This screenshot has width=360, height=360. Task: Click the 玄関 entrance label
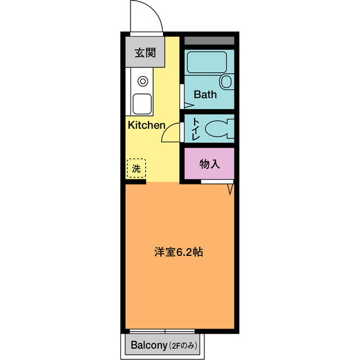tap(145, 53)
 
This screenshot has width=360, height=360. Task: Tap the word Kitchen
tap(146, 125)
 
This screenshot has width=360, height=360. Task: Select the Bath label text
tap(205, 94)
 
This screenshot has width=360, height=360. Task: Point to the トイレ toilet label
tap(195, 129)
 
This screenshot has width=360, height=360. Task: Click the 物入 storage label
tap(209, 164)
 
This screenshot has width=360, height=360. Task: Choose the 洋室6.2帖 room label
tap(179, 252)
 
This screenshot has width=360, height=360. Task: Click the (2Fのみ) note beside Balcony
tap(184, 345)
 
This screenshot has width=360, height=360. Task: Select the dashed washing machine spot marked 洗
tap(136, 168)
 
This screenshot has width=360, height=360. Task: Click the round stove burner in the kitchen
tap(142, 80)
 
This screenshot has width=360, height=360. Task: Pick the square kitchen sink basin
tap(142, 104)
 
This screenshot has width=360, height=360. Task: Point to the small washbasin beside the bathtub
tap(226, 82)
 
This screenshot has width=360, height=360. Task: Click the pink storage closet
tap(209, 164)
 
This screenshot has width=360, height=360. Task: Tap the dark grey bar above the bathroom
tap(209, 41)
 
